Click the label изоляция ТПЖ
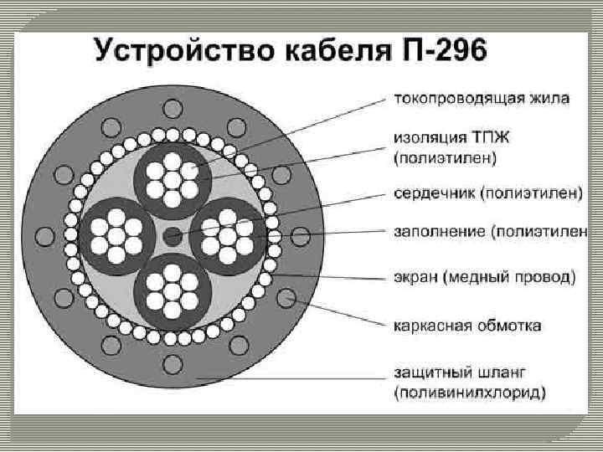tap(448, 139)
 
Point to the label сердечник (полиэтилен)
tap(488, 193)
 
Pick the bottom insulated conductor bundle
tap(173, 289)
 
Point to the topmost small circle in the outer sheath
tap(173, 107)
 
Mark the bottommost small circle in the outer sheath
tap(173, 363)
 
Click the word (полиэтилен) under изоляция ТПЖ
tap(445, 156)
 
